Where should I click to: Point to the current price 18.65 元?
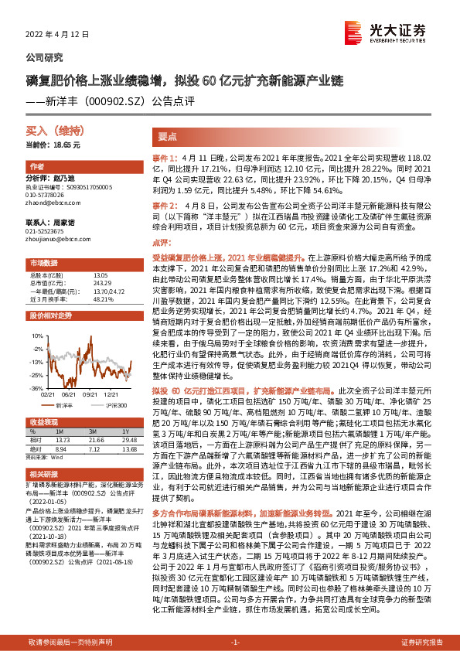[x=53, y=145]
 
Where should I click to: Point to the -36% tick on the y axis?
[x=36, y=388]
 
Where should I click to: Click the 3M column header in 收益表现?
[x=92, y=431]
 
